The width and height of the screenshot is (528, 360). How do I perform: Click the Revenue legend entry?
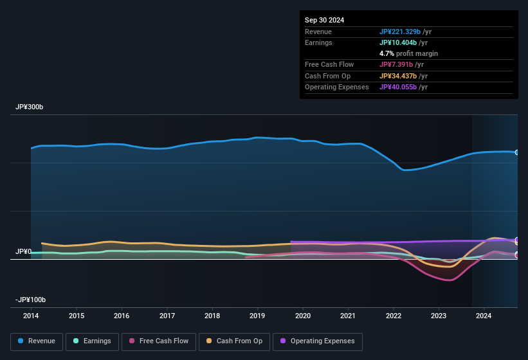(37, 341)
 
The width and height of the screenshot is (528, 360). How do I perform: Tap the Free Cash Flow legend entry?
(159, 341)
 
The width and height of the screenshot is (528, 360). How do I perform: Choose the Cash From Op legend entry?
(235, 341)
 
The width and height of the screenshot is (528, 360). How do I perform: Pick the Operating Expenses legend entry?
(318, 341)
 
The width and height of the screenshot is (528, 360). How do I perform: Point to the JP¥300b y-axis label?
(30, 107)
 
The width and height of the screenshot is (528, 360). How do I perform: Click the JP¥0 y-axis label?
(23, 251)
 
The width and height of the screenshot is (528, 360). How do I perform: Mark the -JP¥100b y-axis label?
(32, 300)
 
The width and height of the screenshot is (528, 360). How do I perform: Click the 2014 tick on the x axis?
(31, 316)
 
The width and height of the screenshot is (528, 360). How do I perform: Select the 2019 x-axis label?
(257, 316)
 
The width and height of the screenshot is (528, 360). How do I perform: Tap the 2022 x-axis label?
(393, 316)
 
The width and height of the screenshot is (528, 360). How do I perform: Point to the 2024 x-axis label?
(484, 316)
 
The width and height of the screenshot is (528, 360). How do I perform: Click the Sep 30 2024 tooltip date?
(324, 20)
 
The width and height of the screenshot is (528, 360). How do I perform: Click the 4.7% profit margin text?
(408, 53)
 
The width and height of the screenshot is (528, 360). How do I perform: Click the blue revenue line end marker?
(516, 152)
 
